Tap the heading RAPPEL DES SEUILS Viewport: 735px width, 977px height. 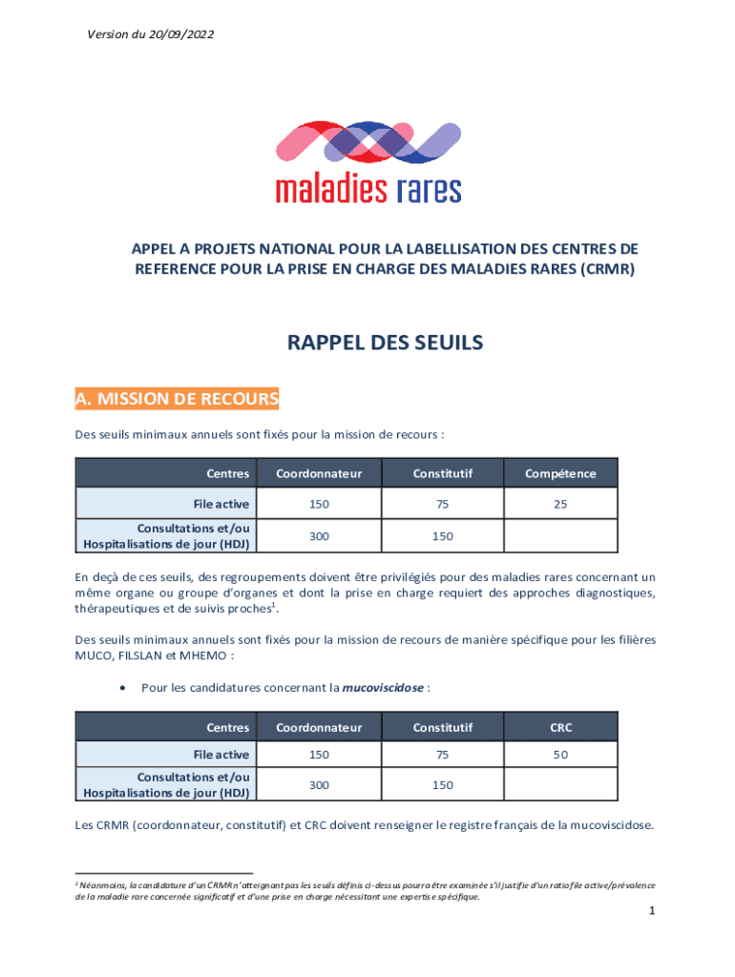386,343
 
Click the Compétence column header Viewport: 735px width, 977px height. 560,473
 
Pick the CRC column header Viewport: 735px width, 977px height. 560,728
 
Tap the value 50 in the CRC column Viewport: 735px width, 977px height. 560,755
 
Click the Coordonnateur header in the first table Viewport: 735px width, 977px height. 319,473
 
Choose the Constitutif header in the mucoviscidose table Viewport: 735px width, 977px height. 442,728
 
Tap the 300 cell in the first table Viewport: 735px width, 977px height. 319,536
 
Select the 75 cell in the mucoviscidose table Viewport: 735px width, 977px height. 442,755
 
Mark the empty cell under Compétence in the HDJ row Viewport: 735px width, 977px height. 560,536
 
